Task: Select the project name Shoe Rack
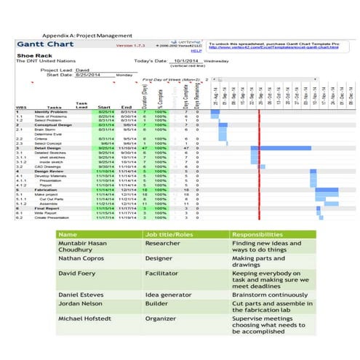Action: pyautogui.click(x=32, y=56)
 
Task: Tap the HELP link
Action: pyautogui.click(x=196, y=52)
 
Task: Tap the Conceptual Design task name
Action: pyautogui.click(x=51, y=125)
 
